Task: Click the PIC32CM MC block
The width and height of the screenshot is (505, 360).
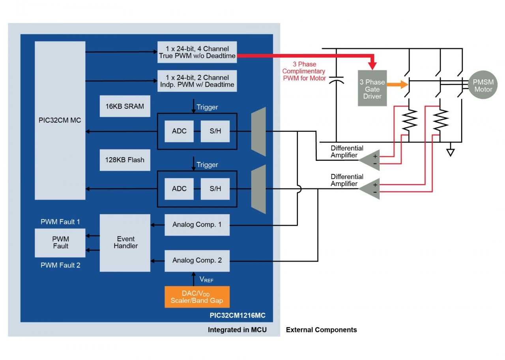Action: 60,120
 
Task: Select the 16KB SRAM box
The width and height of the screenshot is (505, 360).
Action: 125,106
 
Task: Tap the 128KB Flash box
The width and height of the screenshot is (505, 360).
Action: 125,160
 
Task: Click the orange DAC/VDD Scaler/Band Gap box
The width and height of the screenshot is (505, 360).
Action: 196,297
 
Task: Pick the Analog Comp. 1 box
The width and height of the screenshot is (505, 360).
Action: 197,225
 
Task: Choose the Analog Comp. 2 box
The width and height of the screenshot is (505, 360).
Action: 197,260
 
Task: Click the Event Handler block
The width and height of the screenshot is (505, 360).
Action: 125,242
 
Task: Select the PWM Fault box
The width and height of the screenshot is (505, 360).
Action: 60,242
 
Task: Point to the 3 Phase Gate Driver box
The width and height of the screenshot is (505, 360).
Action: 372,89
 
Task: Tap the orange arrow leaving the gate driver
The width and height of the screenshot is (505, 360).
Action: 397,84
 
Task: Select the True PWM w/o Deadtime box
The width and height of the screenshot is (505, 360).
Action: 197,52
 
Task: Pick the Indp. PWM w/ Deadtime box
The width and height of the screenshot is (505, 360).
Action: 197,81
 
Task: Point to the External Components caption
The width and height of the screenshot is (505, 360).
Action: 321,330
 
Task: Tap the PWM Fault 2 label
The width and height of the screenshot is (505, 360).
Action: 60,265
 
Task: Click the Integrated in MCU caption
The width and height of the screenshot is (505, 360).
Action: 237,330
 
